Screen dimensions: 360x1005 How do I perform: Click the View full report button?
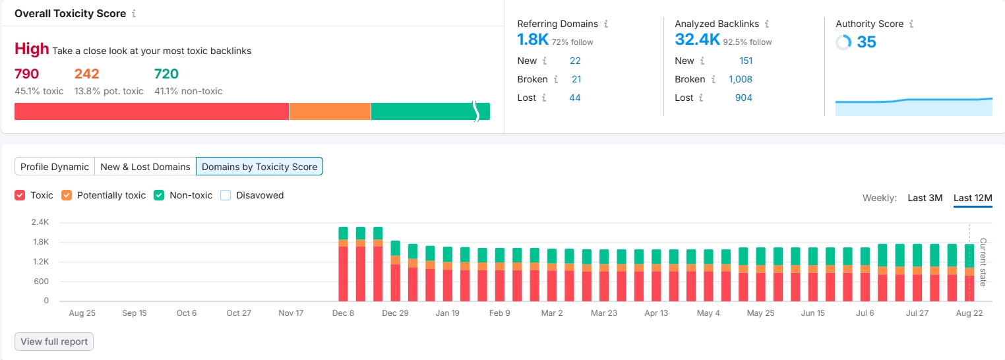coord(54,342)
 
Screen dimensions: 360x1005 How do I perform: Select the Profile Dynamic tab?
coord(55,167)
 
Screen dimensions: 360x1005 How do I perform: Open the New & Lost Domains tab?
coord(145,167)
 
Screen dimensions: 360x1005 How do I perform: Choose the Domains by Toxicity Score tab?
coord(259,167)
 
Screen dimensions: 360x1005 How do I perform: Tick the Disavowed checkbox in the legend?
coord(226,195)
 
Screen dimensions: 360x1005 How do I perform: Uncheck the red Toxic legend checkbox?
coord(20,195)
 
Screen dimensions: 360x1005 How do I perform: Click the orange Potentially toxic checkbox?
coord(67,195)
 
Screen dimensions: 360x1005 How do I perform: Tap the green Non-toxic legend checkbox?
coord(159,195)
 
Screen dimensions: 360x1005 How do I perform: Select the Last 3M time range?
coord(925,198)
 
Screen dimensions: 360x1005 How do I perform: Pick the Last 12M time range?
coord(972,198)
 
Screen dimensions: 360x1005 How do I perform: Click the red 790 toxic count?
coord(27,74)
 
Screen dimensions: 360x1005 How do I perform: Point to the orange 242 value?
coord(86,74)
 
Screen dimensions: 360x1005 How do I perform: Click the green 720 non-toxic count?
coord(166,74)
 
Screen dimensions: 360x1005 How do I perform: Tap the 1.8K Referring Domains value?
coord(533,40)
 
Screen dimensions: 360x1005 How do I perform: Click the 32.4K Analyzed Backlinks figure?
coord(697,40)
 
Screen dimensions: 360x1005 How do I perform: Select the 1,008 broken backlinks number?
coord(740,79)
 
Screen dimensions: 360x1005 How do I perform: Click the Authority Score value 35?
coord(866,42)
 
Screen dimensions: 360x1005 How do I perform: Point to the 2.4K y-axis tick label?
coord(40,222)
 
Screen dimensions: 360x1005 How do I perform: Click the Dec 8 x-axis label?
coord(343,313)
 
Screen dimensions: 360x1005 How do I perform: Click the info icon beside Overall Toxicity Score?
coord(134,14)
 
